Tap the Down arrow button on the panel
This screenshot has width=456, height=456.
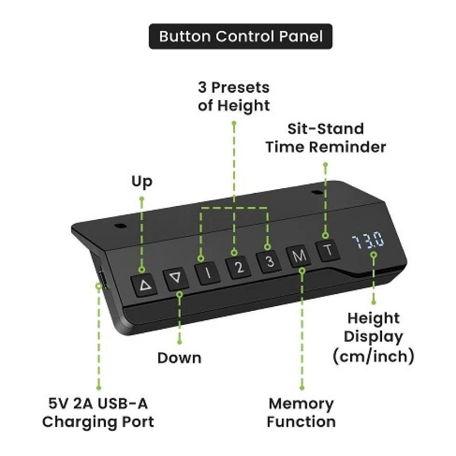click(x=176, y=279)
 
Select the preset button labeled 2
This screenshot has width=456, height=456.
click(x=238, y=267)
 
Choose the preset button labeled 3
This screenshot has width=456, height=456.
click(x=269, y=262)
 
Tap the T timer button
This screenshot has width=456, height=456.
click(x=328, y=251)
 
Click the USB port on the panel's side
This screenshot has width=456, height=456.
click(x=102, y=279)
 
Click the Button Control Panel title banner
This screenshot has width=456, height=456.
click(x=241, y=36)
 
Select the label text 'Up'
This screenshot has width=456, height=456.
click(x=142, y=181)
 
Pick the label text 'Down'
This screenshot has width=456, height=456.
click(x=179, y=357)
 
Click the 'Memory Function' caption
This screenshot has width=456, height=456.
click(x=301, y=412)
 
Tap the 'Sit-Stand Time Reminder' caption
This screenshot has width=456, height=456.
click(x=325, y=138)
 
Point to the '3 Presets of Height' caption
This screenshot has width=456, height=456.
click(x=234, y=96)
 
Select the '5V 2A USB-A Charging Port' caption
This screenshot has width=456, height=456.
click(x=98, y=412)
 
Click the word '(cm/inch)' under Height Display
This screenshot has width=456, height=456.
click(x=373, y=356)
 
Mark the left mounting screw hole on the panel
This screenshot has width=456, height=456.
click(x=120, y=226)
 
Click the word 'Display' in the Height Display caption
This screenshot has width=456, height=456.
click(x=373, y=338)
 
